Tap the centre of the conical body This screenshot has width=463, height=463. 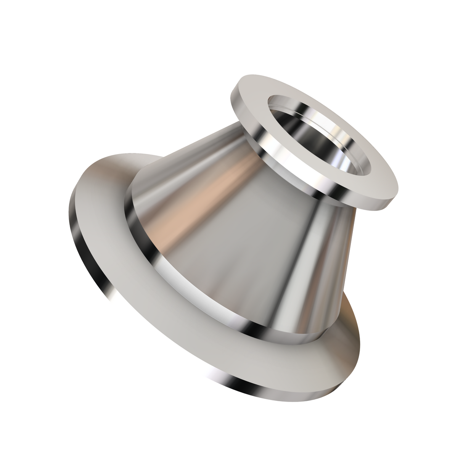click(244, 236)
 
